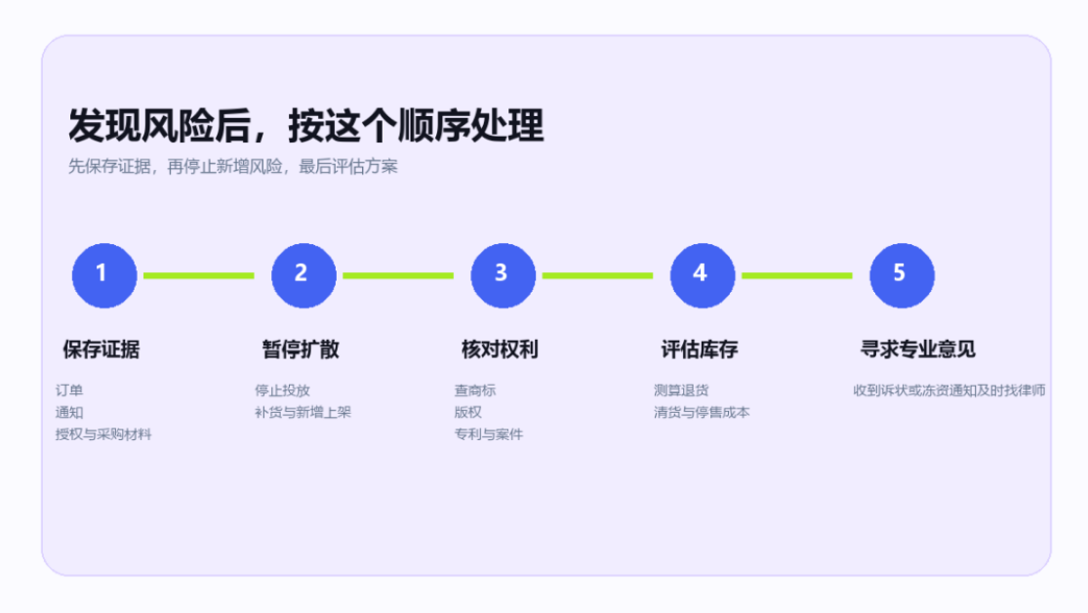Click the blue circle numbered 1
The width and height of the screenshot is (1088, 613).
(x=104, y=275)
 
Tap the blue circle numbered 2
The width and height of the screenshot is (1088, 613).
(x=303, y=275)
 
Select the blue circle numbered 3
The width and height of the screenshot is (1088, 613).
(x=504, y=275)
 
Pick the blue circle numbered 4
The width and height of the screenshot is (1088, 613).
(x=703, y=275)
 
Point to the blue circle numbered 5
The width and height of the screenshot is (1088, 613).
(x=902, y=275)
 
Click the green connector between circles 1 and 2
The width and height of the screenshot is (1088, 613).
(x=198, y=275)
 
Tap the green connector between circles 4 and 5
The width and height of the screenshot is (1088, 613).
(x=796, y=275)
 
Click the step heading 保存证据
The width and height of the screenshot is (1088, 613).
(x=101, y=349)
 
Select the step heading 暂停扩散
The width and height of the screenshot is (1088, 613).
(x=301, y=349)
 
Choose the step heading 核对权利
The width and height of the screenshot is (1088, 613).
(x=501, y=349)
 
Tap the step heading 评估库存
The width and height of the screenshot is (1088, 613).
(x=700, y=349)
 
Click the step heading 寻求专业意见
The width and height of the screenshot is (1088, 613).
(x=918, y=349)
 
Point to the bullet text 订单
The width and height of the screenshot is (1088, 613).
(x=69, y=390)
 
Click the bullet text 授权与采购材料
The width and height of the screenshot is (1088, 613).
(x=103, y=434)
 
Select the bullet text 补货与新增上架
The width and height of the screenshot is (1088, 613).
(x=303, y=412)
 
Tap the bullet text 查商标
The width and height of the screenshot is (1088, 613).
(x=475, y=390)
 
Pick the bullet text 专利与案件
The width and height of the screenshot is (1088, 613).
(x=489, y=434)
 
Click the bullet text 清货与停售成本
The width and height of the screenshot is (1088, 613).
(x=702, y=412)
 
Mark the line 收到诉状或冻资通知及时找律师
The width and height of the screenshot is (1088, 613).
(x=949, y=390)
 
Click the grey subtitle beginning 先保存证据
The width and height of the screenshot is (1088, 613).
(x=233, y=167)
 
